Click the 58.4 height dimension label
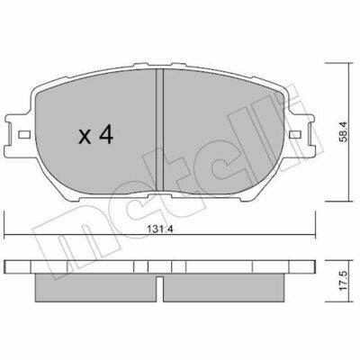(x=344, y=131)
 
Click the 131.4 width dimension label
(x=160, y=229)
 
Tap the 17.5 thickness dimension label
(x=344, y=281)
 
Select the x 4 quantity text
(x=95, y=135)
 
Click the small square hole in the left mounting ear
(x=24, y=135)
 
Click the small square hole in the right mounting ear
(x=295, y=135)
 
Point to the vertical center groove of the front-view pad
(x=160, y=130)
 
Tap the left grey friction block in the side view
(x=95, y=288)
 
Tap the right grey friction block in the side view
(x=223, y=288)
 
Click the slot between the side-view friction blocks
(x=160, y=289)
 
